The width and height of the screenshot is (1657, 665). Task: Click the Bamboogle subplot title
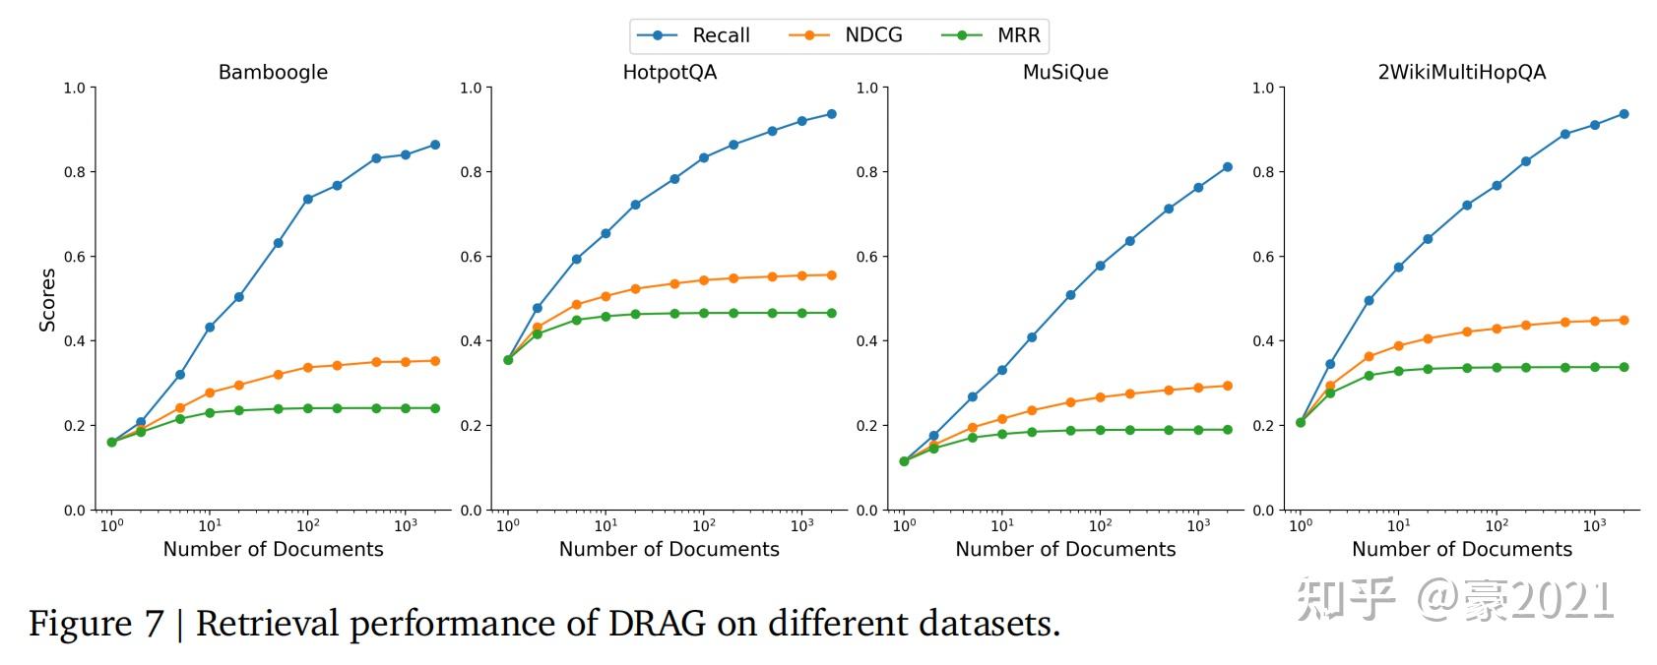(273, 72)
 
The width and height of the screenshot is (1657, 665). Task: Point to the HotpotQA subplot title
(669, 72)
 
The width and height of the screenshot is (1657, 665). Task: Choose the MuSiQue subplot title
(1065, 72)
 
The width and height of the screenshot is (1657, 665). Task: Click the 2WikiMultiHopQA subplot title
(1462, 72)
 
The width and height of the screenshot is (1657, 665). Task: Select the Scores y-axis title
(47, 299)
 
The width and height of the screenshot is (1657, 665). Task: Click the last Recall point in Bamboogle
(435, 145)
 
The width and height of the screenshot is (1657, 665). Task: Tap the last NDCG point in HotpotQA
(832, 275)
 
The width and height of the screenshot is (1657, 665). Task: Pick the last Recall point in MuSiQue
(1228, 167)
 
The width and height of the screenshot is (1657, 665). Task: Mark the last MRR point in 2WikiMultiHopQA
(1625, 367)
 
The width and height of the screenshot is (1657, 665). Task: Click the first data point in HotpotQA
(508, 360)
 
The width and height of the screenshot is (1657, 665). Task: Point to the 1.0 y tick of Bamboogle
(74, 88)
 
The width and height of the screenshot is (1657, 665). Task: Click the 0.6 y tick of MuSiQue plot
(866, 257)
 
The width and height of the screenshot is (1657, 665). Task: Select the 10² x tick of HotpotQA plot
(703, 525)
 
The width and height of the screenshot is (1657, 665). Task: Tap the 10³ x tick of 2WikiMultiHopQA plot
(1594, 525)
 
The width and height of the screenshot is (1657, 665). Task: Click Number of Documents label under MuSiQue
(1065, 549)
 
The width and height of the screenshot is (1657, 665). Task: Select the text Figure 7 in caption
(96, 624)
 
